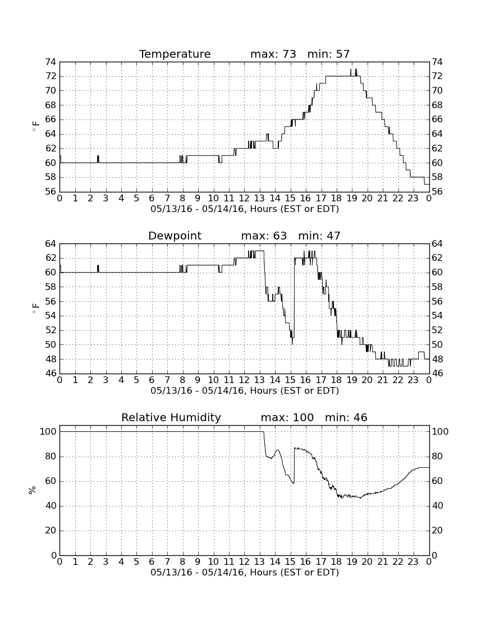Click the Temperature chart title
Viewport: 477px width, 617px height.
tap(175, 54)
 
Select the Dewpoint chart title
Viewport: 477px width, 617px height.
tap(175, 236)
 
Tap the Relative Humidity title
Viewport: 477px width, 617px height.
tap(171, 417)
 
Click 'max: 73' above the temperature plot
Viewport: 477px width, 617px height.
tap(273, 54)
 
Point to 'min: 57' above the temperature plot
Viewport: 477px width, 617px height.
tap(329, 54)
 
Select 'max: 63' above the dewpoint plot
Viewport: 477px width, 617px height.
tap(264, 236)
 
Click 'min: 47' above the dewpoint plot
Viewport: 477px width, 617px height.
tap(319, 236)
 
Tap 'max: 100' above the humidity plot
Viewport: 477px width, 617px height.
tap(287, 417)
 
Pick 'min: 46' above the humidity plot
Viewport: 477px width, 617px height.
tap(346, 417)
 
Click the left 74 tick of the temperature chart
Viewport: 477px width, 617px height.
tap(51, 62)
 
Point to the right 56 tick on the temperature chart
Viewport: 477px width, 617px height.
tap(437, 192)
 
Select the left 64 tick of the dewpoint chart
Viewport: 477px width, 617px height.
tap(51, 243)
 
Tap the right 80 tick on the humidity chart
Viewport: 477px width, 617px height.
tap(438, 457)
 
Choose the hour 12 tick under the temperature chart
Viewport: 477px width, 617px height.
tap(244, 199)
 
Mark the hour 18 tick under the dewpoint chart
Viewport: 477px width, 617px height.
tap(337, 380)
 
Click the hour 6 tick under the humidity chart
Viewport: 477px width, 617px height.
tap(152, 562)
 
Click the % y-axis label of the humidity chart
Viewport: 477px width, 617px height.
tap(33, 490)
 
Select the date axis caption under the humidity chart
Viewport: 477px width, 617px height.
tap(245, 573)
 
